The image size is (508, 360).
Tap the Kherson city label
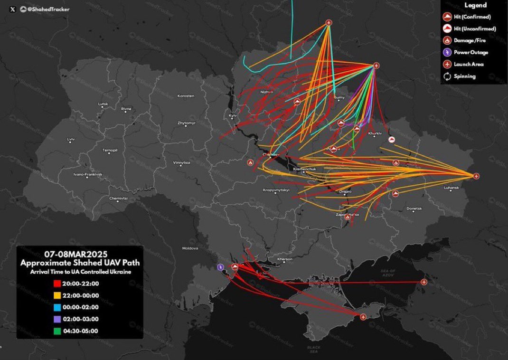285,259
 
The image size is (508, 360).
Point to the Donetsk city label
414,208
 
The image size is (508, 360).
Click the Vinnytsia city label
181,162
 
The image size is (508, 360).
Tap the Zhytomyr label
186,123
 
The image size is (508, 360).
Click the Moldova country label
190,248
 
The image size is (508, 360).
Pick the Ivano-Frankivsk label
88,174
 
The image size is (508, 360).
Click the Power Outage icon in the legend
447,52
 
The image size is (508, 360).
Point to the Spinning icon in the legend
447,76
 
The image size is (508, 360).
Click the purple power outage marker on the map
220,267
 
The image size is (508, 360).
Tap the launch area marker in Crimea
363,317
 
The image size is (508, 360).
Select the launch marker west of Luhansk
476,176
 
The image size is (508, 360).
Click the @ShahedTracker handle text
45,9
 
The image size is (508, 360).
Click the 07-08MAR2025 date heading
80,253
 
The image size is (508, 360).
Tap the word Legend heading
475,5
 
